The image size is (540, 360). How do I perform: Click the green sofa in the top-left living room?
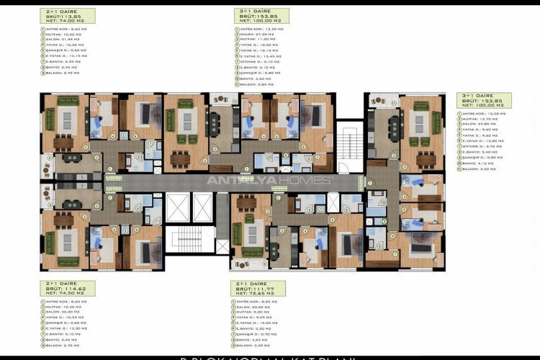pos(50,118)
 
